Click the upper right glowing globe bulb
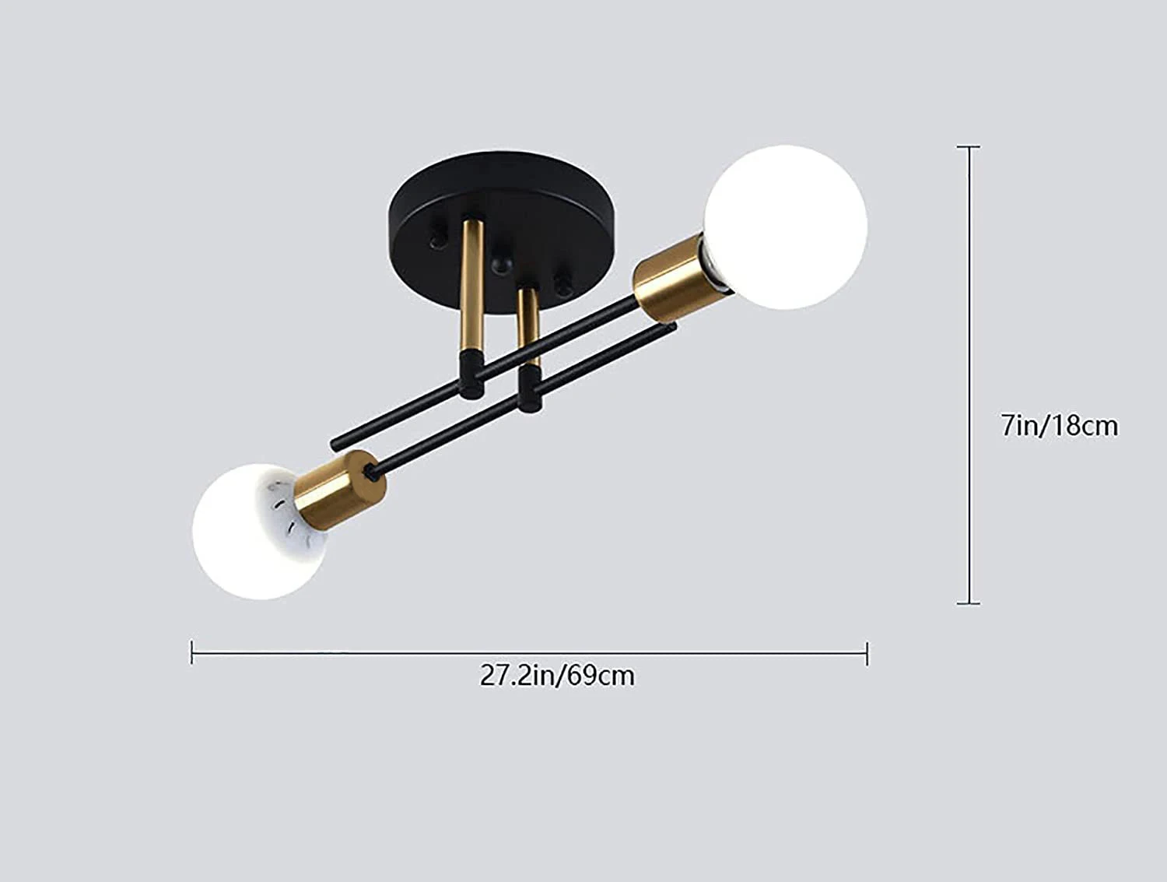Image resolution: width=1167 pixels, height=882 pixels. pyautogui.click(x=785, y=227)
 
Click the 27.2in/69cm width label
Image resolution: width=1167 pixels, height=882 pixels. pyautogui.click(x=557, y=675)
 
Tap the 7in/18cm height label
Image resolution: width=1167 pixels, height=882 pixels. pyautogui.click(x=1059, y=426)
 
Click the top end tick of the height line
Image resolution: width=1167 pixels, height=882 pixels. pyautogui.click(x=968, y=146)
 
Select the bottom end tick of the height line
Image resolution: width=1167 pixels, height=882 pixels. pyautogui.click(x=968, y=603)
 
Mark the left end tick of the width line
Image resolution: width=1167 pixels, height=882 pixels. pyautogui.click(x=192, y=652)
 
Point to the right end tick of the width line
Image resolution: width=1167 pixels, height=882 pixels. pyautogui.click(x=867, y=652)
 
